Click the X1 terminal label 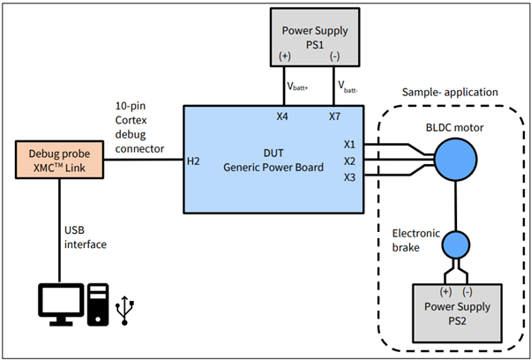coord(348,144)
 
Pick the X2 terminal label coord(348,161)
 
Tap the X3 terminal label coord(348,178)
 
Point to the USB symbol coord(129,308)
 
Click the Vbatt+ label coord(298,86)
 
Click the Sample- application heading coord(451,92)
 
